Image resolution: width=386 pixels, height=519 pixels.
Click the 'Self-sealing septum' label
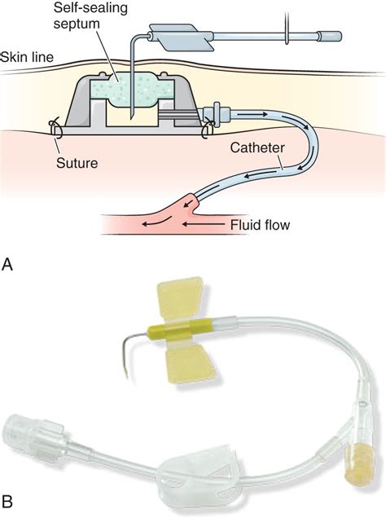tap(90, 15)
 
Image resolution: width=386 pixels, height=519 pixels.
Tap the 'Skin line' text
tap(27, 57)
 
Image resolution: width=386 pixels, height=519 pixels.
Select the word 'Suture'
tap(77, 163)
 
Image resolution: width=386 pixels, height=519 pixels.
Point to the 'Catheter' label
tap(257, 147)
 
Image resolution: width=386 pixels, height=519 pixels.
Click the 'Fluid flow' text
tap(260, 225)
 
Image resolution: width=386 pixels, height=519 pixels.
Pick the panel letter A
tap(7, 265)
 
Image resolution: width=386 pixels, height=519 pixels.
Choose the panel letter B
tap(7, 501)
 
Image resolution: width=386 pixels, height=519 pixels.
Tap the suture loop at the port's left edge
tap(55, 130)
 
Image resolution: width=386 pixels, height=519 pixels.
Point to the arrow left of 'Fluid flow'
tap(203, 224)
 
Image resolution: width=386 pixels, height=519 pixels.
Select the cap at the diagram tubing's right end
tap(329, 35)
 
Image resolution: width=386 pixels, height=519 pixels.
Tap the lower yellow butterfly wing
tap(191, 363)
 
